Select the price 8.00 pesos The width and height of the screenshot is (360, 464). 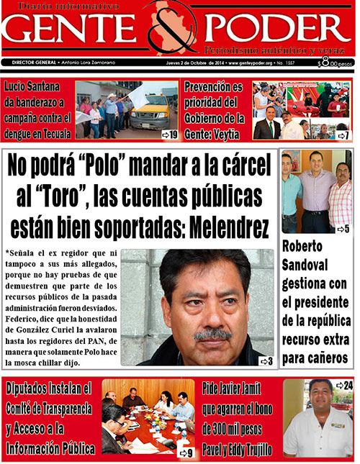[x=335, y=63]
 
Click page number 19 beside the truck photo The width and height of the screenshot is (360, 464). [x=170, y=134]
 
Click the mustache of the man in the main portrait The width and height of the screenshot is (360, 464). [x=213, y=335]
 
